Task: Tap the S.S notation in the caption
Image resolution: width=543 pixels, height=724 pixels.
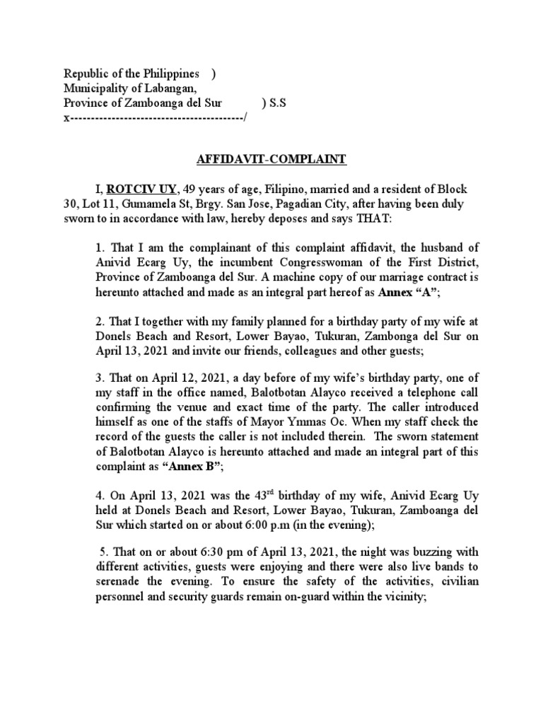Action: point(274,103)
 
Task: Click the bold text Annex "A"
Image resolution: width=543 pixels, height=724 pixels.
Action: point(438,291)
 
